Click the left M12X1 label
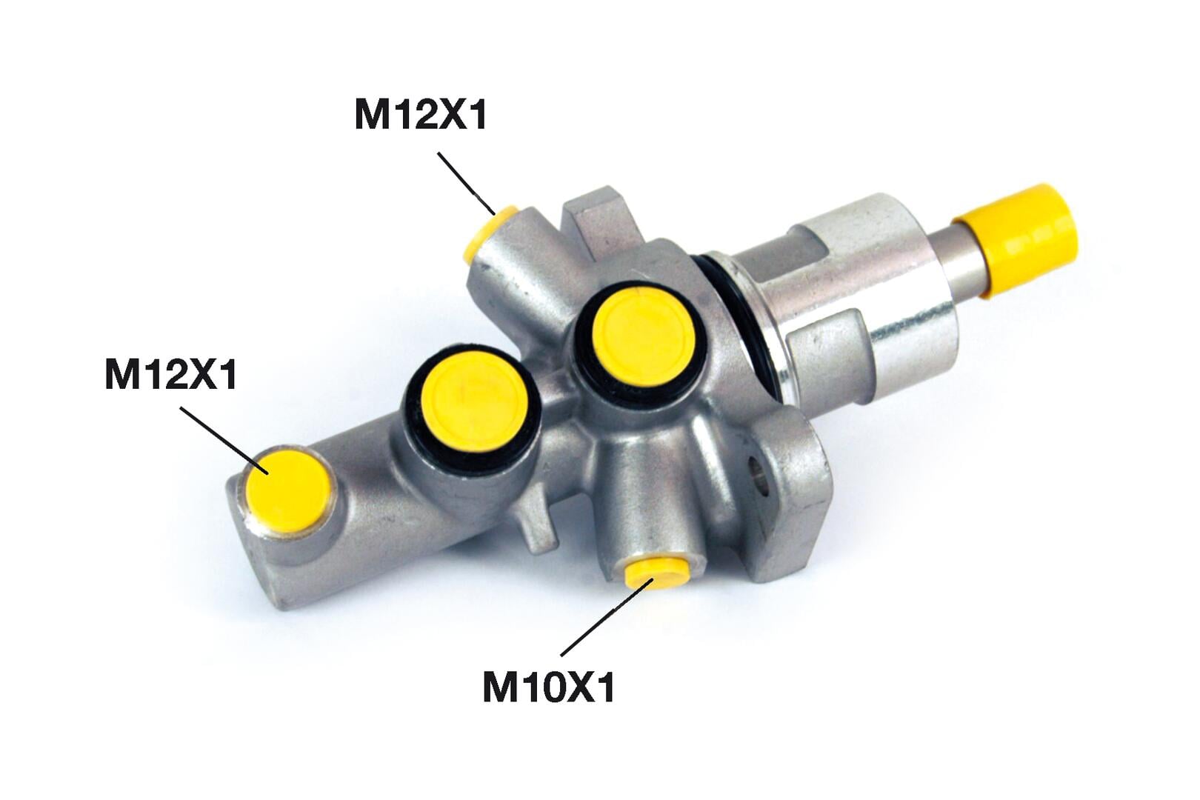(x=171, y=375)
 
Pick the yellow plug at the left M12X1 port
(x=287, y=492)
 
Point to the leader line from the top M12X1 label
(x=466, y=183)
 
